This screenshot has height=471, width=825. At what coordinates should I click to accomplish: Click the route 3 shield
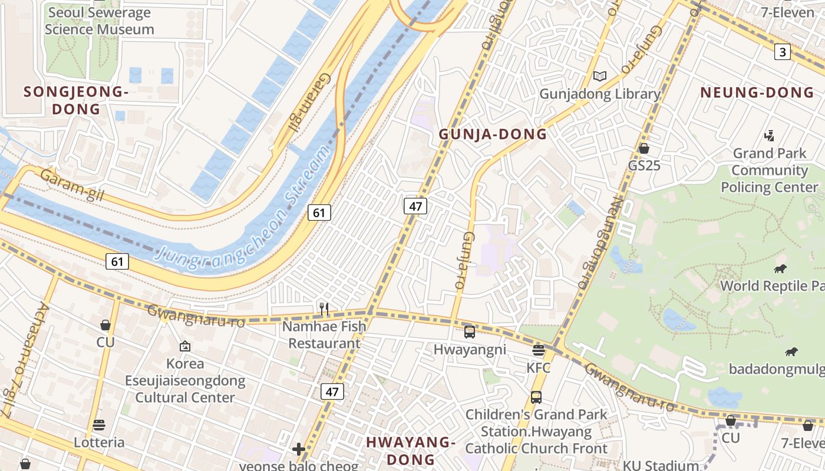[782, 52]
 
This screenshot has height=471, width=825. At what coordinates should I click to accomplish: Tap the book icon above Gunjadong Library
[599, 77]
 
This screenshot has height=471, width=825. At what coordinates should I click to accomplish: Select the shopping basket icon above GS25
[643, 148]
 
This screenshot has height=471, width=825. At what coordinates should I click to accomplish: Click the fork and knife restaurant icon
[323, 308]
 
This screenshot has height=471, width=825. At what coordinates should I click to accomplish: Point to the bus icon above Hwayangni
[470, 332]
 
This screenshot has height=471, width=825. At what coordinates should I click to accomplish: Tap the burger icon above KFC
[538, 351]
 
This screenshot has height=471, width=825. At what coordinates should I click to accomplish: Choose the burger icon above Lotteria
[99, 425]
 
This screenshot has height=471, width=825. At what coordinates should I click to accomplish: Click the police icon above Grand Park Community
[768, 137]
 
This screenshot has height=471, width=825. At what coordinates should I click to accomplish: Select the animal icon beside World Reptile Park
[780, 270]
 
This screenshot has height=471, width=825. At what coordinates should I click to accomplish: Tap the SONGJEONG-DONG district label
[76, 100]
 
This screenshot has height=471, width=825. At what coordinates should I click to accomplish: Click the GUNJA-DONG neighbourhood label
[493, 134]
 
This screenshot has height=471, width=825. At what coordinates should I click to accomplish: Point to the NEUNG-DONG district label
[757, 92]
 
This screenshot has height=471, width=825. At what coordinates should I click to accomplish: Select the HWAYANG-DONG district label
[410, 450]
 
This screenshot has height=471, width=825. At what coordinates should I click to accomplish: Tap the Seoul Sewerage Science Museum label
[99, 21]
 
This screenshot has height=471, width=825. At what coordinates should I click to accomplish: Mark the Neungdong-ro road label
[600, 243]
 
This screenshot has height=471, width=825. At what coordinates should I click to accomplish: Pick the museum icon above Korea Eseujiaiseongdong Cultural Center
[185, 347]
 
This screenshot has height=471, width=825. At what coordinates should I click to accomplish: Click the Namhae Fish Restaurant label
[324, 334]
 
